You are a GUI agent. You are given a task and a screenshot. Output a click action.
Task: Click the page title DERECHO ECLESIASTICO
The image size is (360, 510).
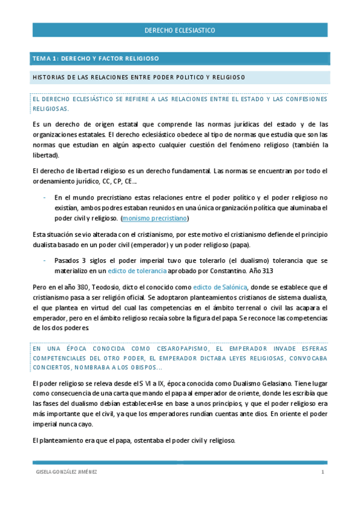coord(180,30)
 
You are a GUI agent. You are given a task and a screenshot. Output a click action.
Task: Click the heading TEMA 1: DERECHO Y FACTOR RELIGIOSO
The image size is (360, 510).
coord(96,59)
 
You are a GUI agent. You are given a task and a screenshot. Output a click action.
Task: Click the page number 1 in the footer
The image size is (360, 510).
coord(323,472)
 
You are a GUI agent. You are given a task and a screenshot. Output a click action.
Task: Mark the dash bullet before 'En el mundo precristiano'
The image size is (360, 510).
coord(44,197)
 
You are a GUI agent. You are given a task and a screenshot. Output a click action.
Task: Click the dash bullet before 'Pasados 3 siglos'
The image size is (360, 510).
coord(44,260)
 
